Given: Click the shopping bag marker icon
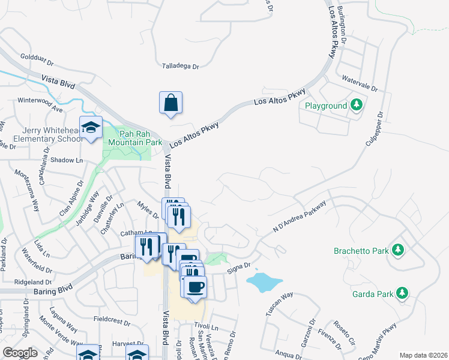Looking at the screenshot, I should pyautogui.click(x=170, y=101).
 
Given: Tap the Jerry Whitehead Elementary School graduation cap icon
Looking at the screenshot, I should pyautogui.click(x=91, y=127).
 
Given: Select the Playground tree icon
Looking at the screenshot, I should pyautogui.click(x=357, y=106).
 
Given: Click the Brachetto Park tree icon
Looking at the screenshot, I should pyautogui.click(x=397, y=248).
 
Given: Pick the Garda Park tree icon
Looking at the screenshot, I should pyautogui.click(x=402, y=293).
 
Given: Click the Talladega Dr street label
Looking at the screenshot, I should pyautogui.click(x=181, y=67).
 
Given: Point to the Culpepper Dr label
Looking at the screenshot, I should pyautogui.click(x=374, y=130).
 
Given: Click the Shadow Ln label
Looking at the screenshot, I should pyautogui.click(x=67, y=160).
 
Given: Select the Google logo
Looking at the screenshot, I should pyautogui.click(x=20, y=353).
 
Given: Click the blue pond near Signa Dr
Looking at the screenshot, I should pyautogui.click(x=264, y=280).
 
